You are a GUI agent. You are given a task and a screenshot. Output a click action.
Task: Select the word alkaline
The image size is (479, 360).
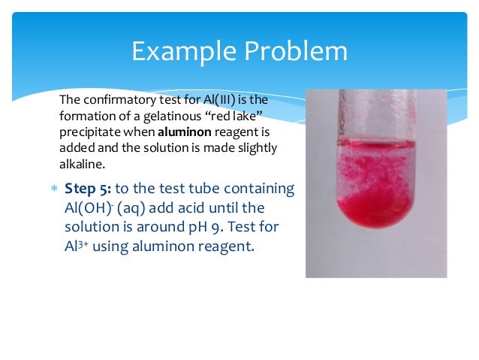click(80, 164)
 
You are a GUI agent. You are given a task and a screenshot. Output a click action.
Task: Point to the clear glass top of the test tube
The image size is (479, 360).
click(375, 113)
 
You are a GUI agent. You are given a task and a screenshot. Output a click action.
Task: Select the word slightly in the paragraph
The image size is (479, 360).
click(256, 148)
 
